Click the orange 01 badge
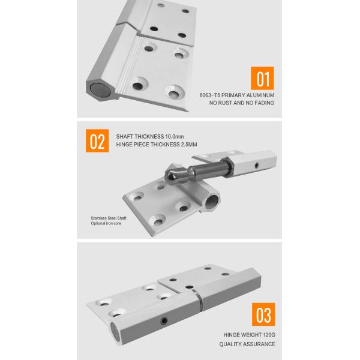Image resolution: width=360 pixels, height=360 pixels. coord(262,79)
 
